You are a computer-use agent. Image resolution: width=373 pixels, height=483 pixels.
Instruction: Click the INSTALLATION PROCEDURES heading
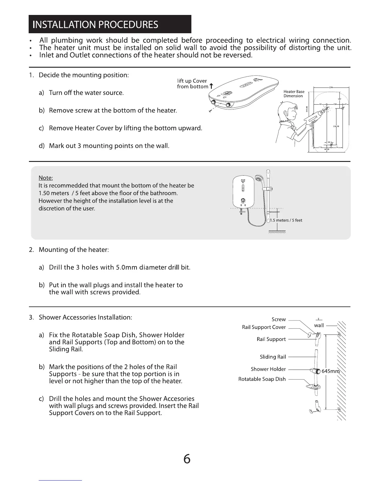pos(95,24)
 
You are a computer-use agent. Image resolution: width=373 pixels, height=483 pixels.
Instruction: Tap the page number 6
pos(187,459)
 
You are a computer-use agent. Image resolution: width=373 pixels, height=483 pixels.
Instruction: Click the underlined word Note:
pos(46,178)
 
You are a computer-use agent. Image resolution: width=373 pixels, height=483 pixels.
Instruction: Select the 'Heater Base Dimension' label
pos(294,94)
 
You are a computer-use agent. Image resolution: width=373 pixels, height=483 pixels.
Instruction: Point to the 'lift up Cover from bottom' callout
pos(192,84)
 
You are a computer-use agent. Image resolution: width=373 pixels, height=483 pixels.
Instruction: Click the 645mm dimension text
pos(330,371)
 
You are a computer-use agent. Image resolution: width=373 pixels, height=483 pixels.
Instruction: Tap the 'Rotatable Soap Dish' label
pos(262,379)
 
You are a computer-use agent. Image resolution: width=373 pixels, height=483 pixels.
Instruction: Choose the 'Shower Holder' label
pos(268,369)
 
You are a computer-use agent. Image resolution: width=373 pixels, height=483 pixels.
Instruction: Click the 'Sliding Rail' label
pos(273,357)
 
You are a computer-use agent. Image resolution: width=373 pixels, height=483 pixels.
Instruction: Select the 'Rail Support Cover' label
pos(264,327)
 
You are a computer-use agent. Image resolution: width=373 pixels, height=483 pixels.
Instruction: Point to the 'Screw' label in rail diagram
pos(279,319)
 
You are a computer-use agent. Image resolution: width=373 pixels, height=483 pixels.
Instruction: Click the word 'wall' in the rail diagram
pos(319,325)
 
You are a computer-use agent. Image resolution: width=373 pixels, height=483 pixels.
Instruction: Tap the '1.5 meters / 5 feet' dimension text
pos(286,220)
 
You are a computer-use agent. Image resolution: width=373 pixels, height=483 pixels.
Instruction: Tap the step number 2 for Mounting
pos(31,250)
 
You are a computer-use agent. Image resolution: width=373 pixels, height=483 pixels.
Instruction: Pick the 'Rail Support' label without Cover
pos(271,339)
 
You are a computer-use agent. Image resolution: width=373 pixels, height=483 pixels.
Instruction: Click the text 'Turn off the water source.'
pos(86,93)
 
